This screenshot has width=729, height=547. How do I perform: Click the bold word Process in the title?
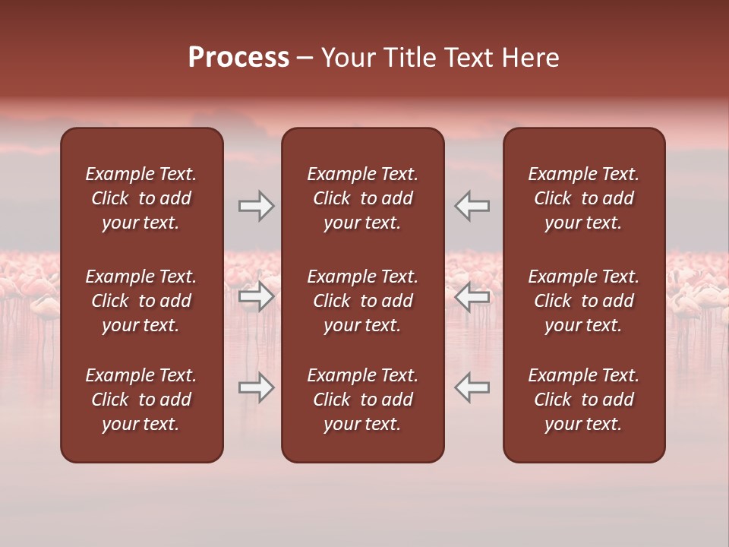tap(238, 58)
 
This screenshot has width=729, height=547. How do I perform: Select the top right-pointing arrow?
tap(256, 206)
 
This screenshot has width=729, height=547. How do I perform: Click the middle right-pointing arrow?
tap(256, 296)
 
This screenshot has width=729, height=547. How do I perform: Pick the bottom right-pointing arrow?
tap(256, 387)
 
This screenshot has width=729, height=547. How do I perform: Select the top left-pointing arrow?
tap(472, 206)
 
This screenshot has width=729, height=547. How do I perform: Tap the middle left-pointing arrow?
tap(472, 296)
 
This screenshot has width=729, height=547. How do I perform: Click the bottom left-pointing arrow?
tap(472, 387)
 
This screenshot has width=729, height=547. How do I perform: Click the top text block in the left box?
tap(141, 198)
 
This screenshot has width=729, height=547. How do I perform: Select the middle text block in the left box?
tap(141, 301)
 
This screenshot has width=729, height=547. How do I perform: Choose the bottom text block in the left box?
tap(141, 400)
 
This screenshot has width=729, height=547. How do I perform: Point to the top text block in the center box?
tap(362, 198)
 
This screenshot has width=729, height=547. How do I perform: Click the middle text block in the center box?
tap(362, 301)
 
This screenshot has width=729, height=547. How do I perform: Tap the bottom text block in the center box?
tap(362, 400)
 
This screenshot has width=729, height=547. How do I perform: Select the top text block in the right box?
tap(583, 198)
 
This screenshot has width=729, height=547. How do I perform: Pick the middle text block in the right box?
tap(583, 301)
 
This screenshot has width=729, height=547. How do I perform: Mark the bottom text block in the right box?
tap(583, 400)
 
